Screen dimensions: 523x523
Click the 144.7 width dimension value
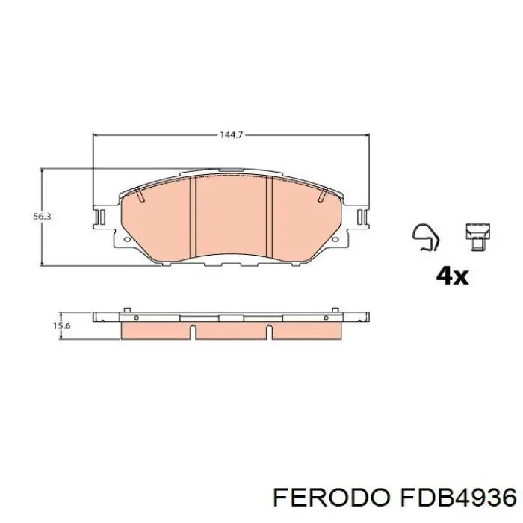pos(231,135)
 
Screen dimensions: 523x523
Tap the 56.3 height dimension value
pos(42,216)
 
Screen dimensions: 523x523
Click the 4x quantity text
pos(451,276)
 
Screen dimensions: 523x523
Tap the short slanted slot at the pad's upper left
pos(140,196)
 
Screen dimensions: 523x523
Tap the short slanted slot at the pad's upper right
pos(322,196)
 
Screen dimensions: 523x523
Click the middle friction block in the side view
pos(234,329)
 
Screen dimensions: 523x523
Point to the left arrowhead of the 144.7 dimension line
pos(95,135)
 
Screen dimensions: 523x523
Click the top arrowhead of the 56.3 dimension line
pos(42,171)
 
